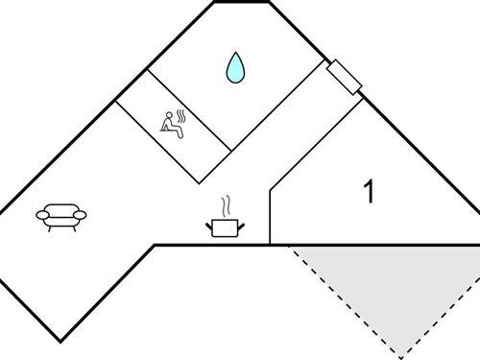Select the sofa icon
[x=62, y=217]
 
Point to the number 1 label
[x=369, y=191]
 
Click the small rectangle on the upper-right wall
[x=344, y=78]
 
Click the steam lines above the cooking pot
[x=226, y=205]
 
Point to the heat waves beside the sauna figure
[x=181, y=117]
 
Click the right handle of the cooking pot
[x=244, y=225]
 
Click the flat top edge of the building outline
[x=240, y=2]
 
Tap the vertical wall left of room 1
[x=270, y=216]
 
